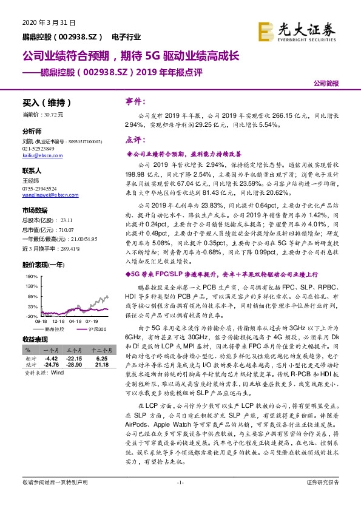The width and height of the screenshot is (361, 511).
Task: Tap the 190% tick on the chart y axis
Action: [x=31, y=276]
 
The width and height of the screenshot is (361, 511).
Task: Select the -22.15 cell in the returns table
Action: [x=73, y=358]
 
